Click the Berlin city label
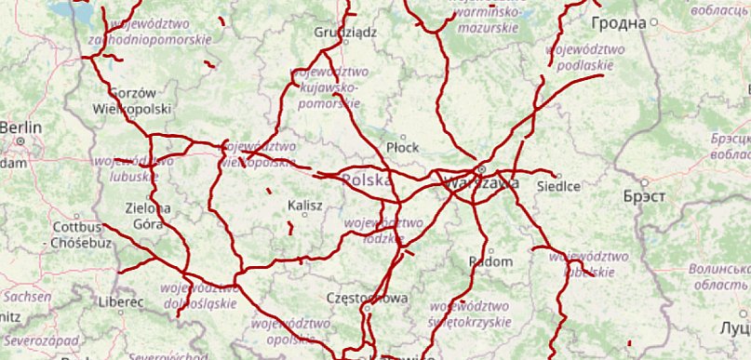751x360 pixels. click(x=20, y=127)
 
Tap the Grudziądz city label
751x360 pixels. click(x=344, y=32)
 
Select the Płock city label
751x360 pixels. click(x=403, y=147)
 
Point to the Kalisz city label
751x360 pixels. click(x=305, y=204)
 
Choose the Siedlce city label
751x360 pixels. click(x=558, y=186)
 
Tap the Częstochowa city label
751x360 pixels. click(x=369, y=298)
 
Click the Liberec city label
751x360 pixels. click(x=120, y=302)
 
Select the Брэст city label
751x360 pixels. click(x=642, y=197)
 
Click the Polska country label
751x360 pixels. click(x=367, y=180)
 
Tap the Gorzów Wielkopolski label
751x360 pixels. click(x=132, y=100)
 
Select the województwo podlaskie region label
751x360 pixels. click(x=580, y=57)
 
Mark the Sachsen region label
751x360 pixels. click(x=26, y=297)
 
